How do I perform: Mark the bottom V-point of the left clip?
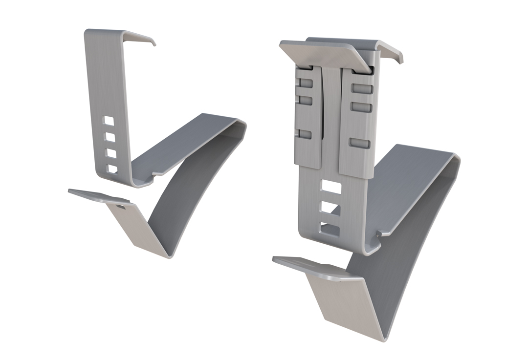pos(168,255)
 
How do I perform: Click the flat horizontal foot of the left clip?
pos(98,196)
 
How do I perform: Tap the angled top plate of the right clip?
pos(325,53)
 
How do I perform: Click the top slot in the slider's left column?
pos(305,84)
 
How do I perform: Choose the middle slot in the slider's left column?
pos(305,100)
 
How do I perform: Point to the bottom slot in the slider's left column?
pos(305,134)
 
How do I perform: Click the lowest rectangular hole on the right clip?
pos(331,228)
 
